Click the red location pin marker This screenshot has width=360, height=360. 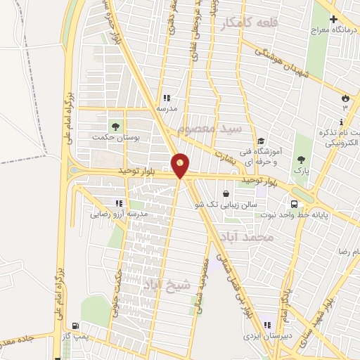coord(181,167)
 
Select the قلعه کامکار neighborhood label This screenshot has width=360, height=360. coord(249,23)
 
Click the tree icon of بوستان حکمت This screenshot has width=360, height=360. coord(115,127)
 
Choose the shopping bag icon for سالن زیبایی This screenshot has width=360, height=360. coord(225,194)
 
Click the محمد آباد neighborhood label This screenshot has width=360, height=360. coord(246,237)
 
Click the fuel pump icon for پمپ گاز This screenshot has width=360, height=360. coord(76,326)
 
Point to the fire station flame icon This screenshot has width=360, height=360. coord(345,98)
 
